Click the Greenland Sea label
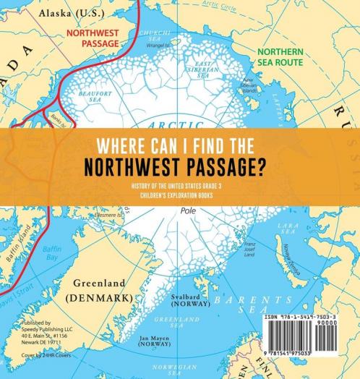[184, 323]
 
